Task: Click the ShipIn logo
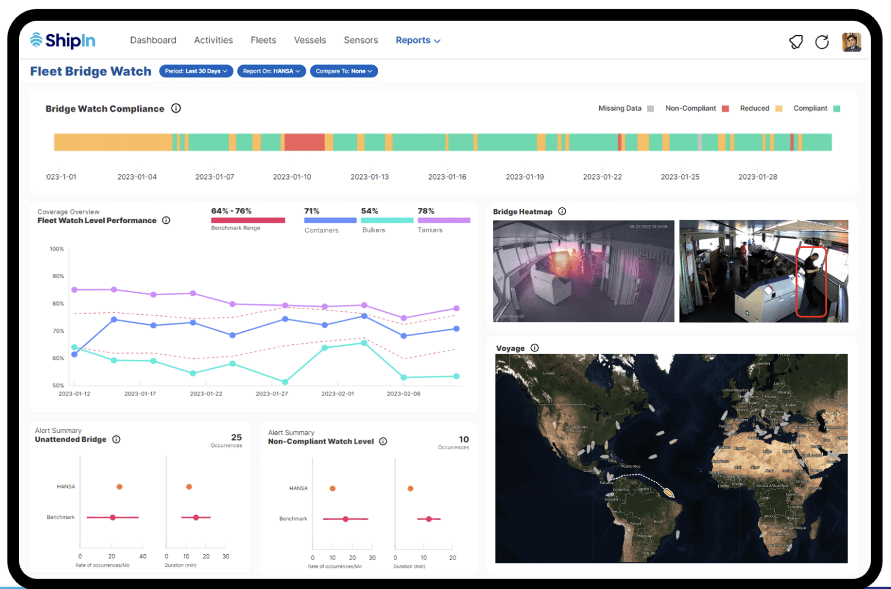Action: [x=63, y=40]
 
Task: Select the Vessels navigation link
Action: [x=310, y=40]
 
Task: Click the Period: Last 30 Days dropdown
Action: [x=196, y=71]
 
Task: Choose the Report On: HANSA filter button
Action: [x=271, y=71]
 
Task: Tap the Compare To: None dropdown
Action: [x=343, y=71]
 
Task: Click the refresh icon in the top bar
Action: [x=821, y=42]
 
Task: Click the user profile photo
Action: [x=851, y=42]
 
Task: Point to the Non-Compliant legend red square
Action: [x=725, y=108]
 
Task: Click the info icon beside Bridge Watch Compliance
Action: [x=176, y=108]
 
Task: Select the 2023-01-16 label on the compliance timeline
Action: [x=447, y=177]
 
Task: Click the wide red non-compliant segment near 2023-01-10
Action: [x=304, y=142]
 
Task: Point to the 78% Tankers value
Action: [x=426, y=211]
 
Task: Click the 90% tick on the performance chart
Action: [x=58, y=277]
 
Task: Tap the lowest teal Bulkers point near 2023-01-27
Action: [x=285, y=382]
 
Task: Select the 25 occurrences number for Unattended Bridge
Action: [x=236, y=438]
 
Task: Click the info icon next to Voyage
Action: [x=534, y=348]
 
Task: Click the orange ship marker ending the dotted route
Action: [x=668, y=492]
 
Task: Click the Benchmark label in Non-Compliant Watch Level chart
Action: [x=293, y=519]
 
